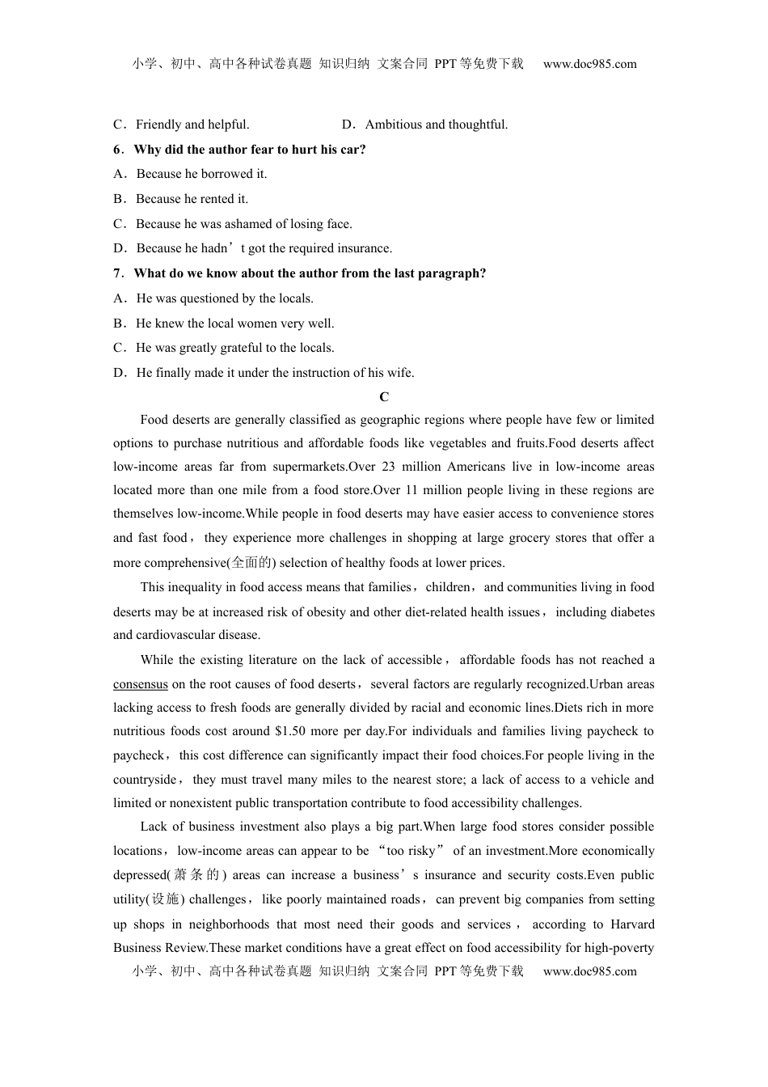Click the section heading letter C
pyautogui.click(x=384, y=396)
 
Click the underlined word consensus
pyautogui.click(x=141, y=684)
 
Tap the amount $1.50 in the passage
pyautogui.click(x=291, y=731)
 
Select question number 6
pyautogui.click(x=118, y=150)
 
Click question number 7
pyautogui.click(x=118, y=273)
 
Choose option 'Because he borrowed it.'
pyautogui.click(x=201, y=174)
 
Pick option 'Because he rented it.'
pyautogui.click(x=192, y=199)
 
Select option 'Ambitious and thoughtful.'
pyautogui.click(x=437, y=125)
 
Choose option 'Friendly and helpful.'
pyautogui.click(x=192, y=125)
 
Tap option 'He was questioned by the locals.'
pyautogui.click(x=225, y=298)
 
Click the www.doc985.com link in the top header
pyautogui.click(x=590, y=64)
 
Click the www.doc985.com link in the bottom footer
pyautogui.click(x=590, y=971)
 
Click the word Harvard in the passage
pyautogui.click(x=632, y=924)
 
